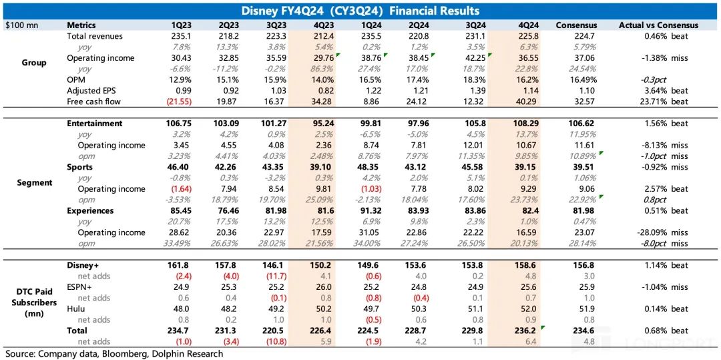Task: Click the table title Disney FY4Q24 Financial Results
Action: pyautogui.click(x=360, y=11)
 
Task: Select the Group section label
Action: pyautogui.click(x=33, y=63)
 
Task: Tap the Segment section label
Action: pyautogui.click(x=33, y=182)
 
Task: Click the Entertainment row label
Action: pyautogui.click(x=95, y=124)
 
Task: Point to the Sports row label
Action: pyautogui.click(x=80, y=167)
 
